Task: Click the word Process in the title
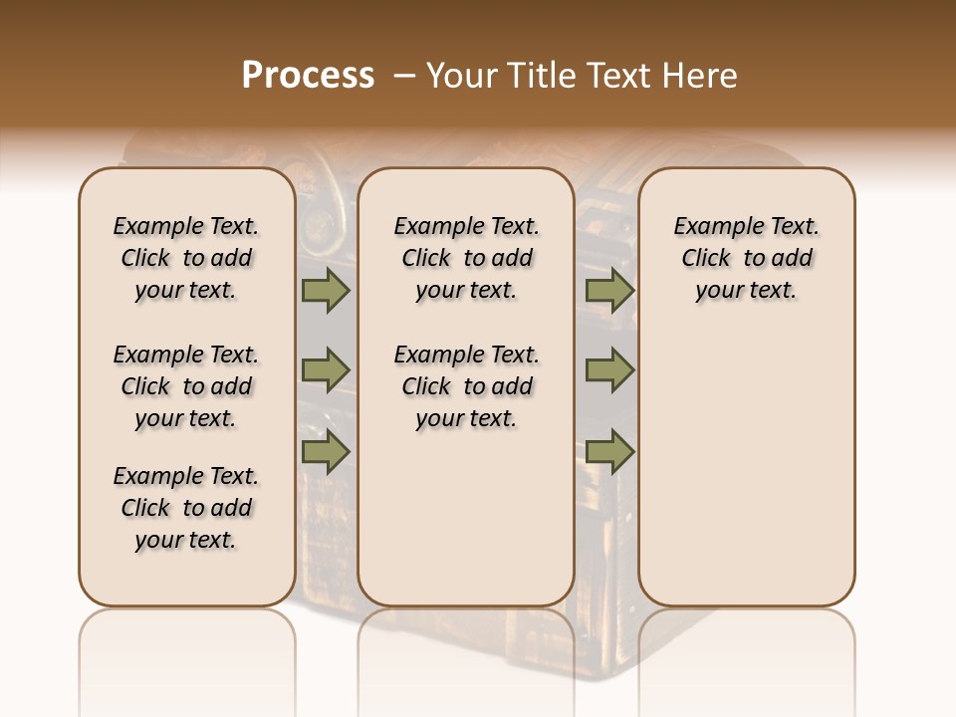click(x=308, y=76)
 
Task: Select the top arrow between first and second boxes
click(x=326, y=290)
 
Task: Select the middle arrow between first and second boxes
click(x=326, y=370)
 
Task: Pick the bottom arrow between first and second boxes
click(x=326, y=452)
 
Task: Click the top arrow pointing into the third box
click(x=609, y=290)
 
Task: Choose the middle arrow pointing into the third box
click(x=609, y=370)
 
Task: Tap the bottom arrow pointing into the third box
click(x=609, y=452)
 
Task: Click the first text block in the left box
click(x=186, y=258)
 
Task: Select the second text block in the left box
click(x=186, y=386)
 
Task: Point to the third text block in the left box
click(x=186, y=508)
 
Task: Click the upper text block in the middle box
click(x=466, y=258)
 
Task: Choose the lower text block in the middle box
click(x=466, y=386)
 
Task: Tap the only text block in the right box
click(x=746, y=258)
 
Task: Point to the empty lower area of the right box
click(x=746, y=468)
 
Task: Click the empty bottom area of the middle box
click(x=466, y=528)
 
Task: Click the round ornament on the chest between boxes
click(x=320, y=223)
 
